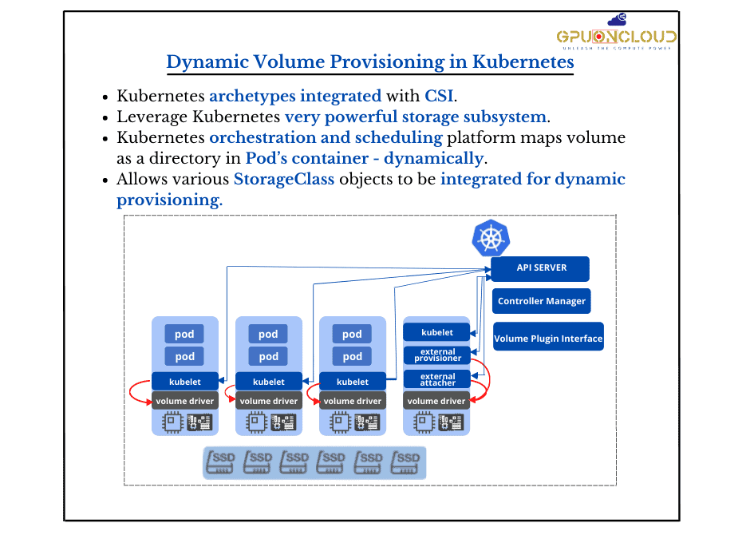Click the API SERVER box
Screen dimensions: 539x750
(x=540, y=268)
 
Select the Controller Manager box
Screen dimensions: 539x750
(x=542, y=301)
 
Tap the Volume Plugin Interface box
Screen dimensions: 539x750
(x=548, y=338)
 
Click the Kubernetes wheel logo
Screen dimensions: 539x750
(x=491, y=238)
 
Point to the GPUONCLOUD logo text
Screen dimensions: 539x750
(x=617, y=37)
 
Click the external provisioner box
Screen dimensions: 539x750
(x=437, y=355)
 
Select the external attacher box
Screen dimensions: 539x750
(x=437, y=378)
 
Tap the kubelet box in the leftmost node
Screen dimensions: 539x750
(x=185, y=382)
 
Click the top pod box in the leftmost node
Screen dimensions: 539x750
(x=185, y=334)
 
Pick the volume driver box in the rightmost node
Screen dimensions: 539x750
(x=437, y=401)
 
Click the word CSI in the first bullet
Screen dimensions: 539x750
(x=438, y=97)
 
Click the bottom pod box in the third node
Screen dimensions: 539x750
(x=352, y=356)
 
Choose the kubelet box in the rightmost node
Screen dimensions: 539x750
(x=437, y=332)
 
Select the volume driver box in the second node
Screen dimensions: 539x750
(x=269, y=401)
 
